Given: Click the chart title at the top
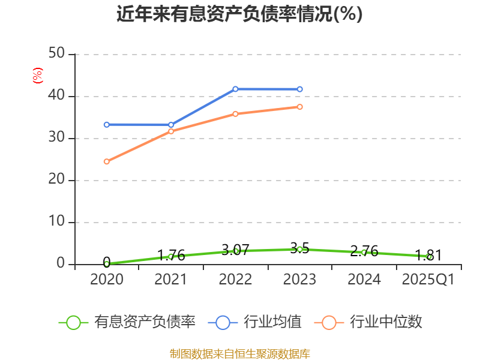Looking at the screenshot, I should coord(239,14).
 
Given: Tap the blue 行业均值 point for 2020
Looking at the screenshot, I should coord(107,125).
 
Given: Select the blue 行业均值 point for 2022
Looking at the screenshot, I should coord(235,89).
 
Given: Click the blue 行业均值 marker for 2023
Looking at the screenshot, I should coord(300,89).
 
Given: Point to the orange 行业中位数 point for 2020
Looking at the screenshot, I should coord(107,161).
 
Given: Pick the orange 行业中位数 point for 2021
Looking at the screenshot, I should coord(171,131).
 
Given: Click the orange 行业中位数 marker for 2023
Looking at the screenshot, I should coord(300,107).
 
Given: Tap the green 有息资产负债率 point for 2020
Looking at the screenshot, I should coord(107,263).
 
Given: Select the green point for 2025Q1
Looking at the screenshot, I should coord(429,256).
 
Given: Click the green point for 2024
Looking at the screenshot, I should coord(364,253).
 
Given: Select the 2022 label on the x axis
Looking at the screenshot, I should coord(235,279).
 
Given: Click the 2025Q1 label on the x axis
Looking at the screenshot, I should coord(428,279).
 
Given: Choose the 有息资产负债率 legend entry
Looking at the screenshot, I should coord(128,322).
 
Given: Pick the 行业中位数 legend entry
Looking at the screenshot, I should coord(368,322).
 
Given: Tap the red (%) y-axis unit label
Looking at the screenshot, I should coord(38,76).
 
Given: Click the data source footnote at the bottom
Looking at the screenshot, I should coord(239,353).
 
